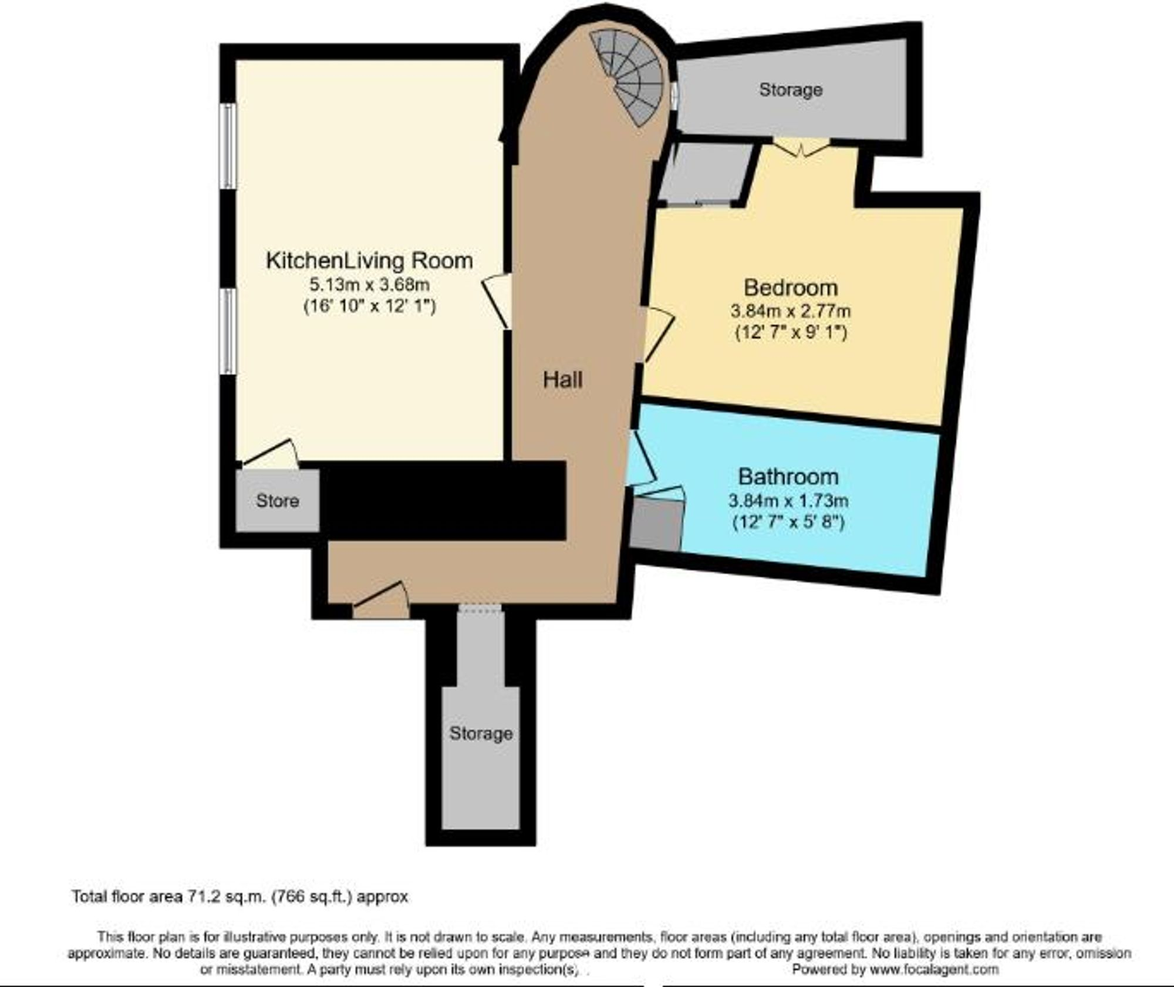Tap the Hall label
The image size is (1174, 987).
point(562,380)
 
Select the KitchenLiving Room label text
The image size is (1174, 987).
point(369,261)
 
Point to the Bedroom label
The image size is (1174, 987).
point(790,288)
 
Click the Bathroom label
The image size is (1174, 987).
point(788,477)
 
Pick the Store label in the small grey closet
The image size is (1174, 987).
point(278,501)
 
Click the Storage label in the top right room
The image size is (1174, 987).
point(790,90)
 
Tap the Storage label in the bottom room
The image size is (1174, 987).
point(481,733)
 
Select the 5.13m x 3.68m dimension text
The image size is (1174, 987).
point(369,285)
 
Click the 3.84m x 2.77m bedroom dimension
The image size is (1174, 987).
point(790,311)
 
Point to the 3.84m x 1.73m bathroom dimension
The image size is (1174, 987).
point(788,501)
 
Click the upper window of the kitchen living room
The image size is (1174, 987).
point(228,146)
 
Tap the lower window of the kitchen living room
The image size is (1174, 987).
point(228,330)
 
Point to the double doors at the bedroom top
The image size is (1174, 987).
point(801,147)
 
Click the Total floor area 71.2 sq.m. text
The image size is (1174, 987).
point(239,897)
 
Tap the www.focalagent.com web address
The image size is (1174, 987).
point(934,969)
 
